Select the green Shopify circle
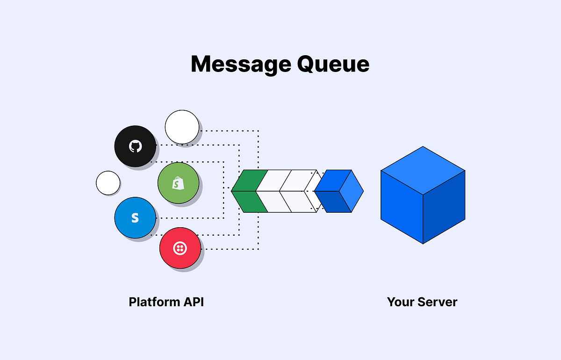pyautogui.click(x=178, y=183)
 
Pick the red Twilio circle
pyautogui.click(x=180, y=248)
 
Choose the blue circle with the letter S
pyautogui.click(x=135, y=218)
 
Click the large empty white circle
pyautogui.click(x=182, y=127)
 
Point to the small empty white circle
pyautogui.click(x=108, y=183)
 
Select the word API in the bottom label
pyautogui.click(x=194, y=302)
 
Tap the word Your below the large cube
pyautogui.click(x=402, y=302)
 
